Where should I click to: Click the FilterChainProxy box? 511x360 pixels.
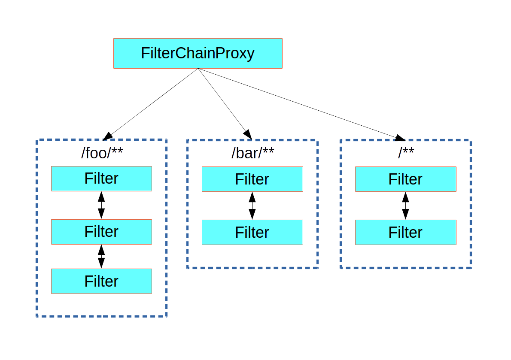[198, 53]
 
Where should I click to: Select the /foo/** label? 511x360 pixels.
[101, 153]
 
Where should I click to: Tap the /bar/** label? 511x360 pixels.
[252, 153]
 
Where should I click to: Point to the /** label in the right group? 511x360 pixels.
[405, 153]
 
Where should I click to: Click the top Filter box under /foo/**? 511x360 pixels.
[101, 178]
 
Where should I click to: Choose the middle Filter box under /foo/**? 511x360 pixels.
[101, 232]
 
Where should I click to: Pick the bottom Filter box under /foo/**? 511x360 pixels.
[101, 281]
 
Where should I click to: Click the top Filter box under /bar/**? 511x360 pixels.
[252, 179]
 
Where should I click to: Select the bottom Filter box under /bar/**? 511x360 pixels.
[252, 232]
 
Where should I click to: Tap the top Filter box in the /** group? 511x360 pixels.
[405, 179]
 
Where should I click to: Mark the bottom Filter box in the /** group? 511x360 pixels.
[405, 232]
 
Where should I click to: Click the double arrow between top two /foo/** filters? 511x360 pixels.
[101, 205]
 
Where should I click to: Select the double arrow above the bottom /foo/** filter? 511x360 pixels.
[101, 257]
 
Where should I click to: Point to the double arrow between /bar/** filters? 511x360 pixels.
[252, 206]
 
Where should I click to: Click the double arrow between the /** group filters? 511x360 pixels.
[405, 206]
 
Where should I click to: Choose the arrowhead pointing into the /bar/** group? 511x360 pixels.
[247, 135]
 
